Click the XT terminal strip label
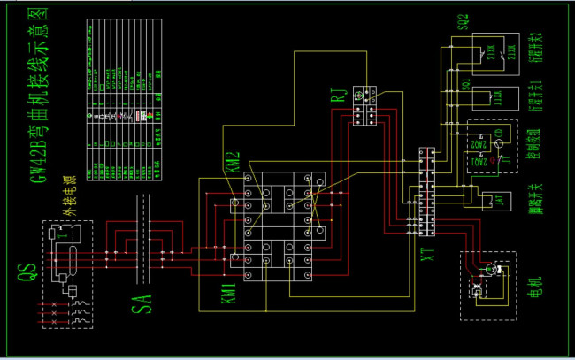pyautogui.click(x=428, y=257)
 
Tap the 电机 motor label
pyautogui.click(x=533, y=287)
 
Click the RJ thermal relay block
pyautogui.click(x=364, y=105)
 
